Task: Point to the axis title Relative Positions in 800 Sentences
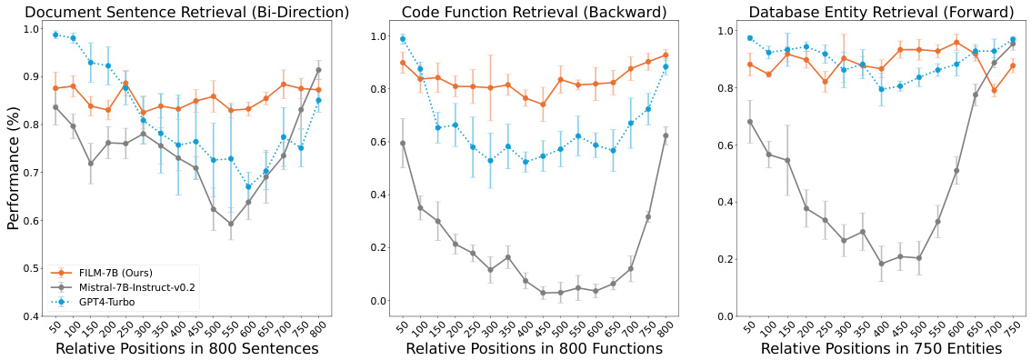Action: coord(186,349)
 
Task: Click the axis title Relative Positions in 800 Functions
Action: coord(534,349)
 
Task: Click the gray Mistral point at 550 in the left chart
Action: coord(232,224)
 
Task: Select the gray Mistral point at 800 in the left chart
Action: coord(318,70)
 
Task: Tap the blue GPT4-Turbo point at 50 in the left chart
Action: coord(55,35)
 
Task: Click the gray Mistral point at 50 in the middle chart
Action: coord(403,143)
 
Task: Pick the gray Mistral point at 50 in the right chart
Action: coord(750,122)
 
